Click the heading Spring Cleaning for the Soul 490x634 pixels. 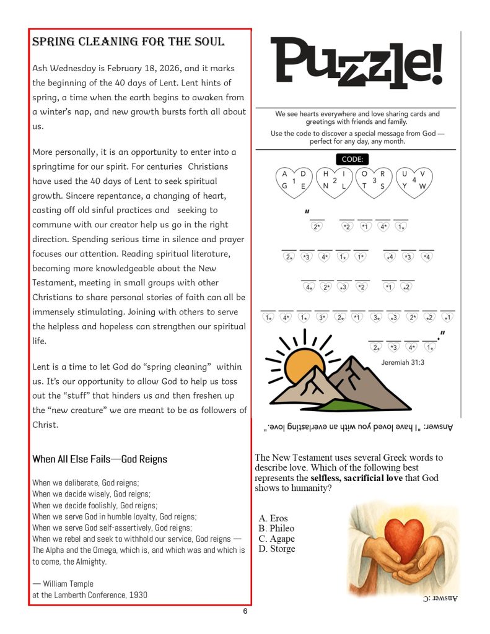[x=128, y=42]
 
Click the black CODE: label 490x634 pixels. [x=352, y=159]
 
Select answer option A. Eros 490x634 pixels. [x=273, y=518]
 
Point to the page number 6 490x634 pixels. [x=245, y=612]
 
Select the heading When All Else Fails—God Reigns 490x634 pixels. [x=100, y=459]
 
